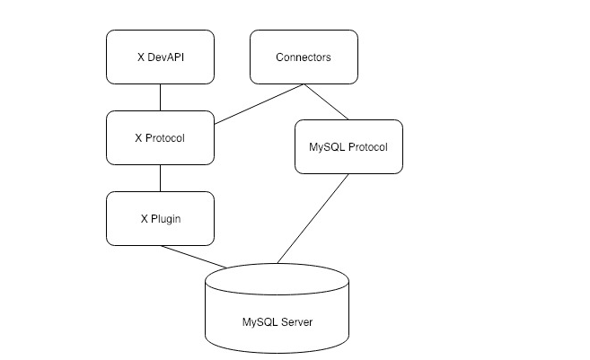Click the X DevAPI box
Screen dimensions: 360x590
tap(160, 57)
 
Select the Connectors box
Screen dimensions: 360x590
tap(303, 57)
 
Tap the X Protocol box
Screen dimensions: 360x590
tap(160, 137)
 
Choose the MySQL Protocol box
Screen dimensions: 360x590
tap(348, 146)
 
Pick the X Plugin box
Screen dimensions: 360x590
tap(160, 218)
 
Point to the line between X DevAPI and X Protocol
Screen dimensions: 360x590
tap(160, 97)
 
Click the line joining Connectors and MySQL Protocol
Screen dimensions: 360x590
tap(325, 101)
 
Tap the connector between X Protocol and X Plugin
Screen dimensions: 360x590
tap(160, 178)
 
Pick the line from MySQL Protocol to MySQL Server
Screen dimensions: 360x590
tap(313, 218)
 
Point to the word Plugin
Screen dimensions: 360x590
tap(166, 218)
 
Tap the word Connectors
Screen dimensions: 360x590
tap(303, 57)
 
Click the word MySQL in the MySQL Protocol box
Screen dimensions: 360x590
tap(325, 146)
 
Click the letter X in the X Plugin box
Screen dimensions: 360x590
tap(143, 218)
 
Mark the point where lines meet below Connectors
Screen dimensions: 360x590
tap(304, 85)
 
